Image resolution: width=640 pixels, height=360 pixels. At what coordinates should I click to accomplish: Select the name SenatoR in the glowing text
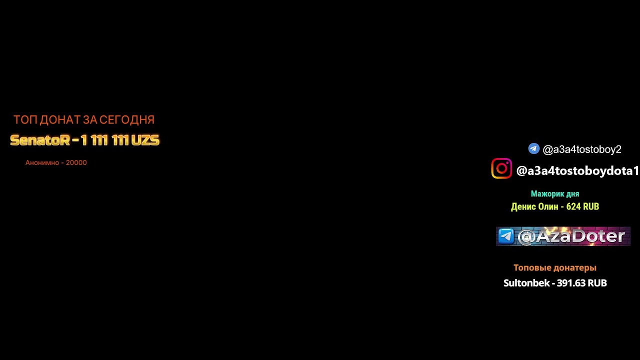coord(40,140)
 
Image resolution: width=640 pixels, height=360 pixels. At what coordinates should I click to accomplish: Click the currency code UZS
coord(145,140)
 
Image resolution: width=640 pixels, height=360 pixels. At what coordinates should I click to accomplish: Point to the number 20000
coord(76,162)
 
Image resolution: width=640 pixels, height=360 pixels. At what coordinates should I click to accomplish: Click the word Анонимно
coord(42,162)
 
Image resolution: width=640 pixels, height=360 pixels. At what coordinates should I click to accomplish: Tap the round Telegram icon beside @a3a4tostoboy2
coord(533,148)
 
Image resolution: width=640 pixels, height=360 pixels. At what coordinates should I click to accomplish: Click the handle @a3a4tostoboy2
coord(582,149)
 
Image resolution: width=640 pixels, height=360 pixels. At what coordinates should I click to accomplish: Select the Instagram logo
coord(501,168)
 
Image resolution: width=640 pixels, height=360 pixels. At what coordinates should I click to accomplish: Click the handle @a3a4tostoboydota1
coord(577,171)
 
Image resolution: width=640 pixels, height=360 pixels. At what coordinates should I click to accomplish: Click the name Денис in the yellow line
coord(521,206)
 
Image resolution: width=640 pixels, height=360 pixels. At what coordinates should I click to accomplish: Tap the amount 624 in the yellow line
coord(572,206)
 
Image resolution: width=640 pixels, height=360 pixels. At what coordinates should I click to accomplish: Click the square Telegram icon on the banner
coord(506,236)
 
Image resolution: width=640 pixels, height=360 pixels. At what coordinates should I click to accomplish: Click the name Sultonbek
coord(526,283)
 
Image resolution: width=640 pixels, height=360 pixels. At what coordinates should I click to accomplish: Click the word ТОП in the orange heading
coord(25,120)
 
